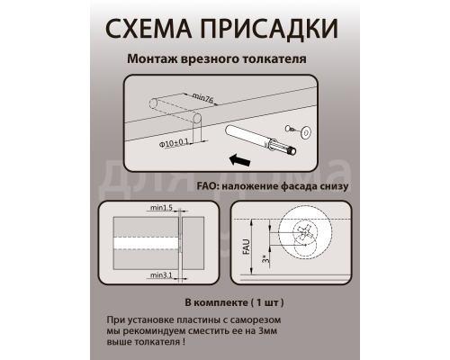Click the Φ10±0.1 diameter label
point(172,142)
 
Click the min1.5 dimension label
point(163,209)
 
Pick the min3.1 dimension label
point(163,274)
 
